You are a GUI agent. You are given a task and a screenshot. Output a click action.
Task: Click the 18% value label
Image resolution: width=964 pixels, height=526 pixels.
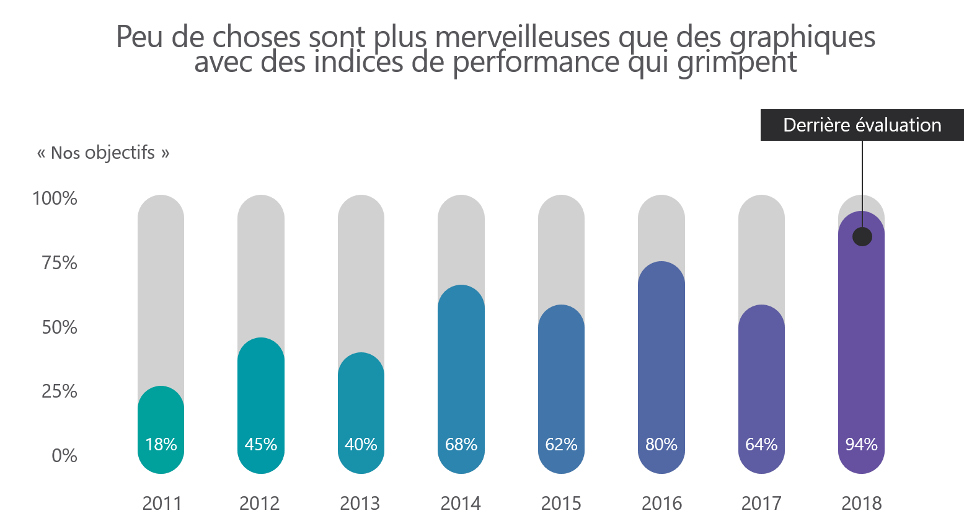[x=161, y=445]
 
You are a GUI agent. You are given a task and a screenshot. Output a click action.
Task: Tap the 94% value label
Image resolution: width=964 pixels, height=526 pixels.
[x=861, y=445]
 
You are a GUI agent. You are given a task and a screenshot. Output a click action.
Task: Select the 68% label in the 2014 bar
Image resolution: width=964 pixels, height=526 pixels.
[x=461, y=445]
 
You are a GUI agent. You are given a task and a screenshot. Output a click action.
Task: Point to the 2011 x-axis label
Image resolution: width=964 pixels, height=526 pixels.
[x=162, y=503]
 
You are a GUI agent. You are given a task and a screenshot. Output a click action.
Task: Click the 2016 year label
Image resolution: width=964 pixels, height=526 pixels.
[x=661, y=503]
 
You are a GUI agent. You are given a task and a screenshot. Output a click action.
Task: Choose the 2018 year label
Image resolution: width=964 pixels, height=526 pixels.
[x=861, y=503]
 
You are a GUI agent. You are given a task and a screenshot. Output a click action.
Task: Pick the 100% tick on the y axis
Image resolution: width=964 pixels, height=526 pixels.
[x=55, y=198]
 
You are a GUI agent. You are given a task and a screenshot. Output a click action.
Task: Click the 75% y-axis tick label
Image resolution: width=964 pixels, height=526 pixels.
[x=60, y=263]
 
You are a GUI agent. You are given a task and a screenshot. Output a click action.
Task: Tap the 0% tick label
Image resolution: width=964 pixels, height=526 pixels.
[x=64, y=456]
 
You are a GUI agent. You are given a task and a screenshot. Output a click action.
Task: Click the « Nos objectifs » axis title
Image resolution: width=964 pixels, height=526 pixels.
[x=103, y=153]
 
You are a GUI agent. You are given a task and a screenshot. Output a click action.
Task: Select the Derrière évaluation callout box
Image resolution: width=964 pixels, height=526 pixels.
[x=862, y=125]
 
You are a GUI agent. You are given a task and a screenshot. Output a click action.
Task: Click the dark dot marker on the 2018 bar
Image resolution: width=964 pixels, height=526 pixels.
[x=862, y=236]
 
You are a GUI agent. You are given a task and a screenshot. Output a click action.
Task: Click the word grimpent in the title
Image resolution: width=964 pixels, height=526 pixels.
[x=737, y=62]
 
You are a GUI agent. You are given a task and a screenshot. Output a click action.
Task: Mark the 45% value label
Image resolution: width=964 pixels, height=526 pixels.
[x=261, y=445]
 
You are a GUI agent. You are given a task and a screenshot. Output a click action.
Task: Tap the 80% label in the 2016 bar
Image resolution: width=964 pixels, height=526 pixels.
[x=661, y=445]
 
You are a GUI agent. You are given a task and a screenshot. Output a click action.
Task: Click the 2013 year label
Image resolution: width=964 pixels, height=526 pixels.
[x=360, y=503]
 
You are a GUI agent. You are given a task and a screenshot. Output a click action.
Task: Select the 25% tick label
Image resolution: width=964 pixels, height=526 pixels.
[x=60, y=391]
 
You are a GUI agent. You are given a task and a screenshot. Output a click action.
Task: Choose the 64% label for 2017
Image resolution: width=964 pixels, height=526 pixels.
[x=761, y=445]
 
